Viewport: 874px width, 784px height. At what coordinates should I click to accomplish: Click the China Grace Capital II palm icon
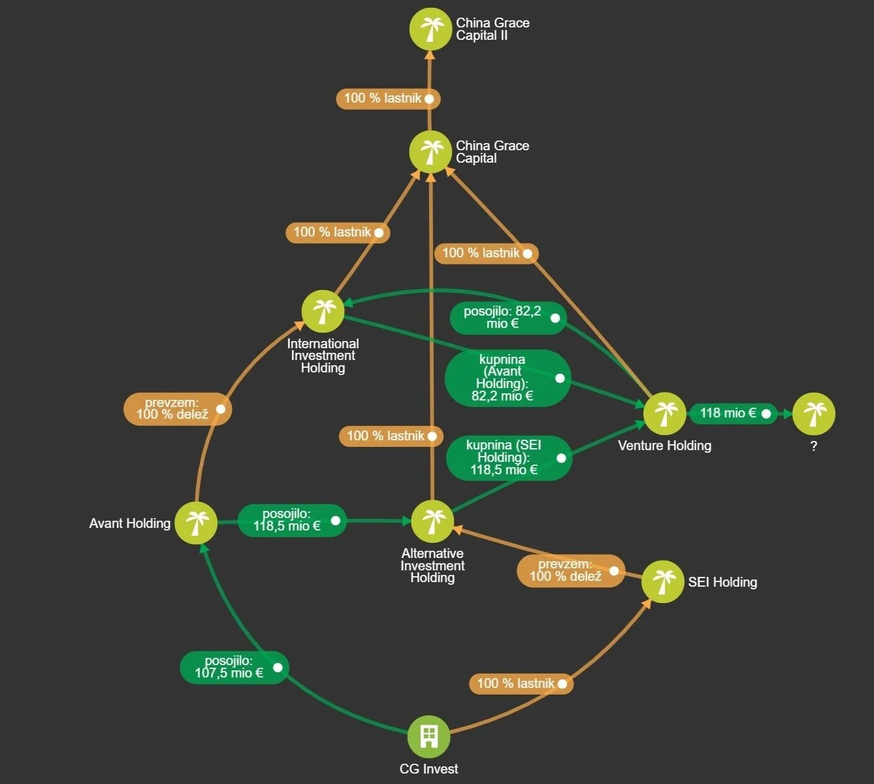click(430, 29)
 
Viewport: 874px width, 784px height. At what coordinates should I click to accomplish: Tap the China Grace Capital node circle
click(430, 152)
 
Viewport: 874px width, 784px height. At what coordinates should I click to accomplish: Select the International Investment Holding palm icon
click(323, 311)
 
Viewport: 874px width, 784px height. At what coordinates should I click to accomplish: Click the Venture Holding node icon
click(665, 414)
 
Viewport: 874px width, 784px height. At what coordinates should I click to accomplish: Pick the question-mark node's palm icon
click(813, 414)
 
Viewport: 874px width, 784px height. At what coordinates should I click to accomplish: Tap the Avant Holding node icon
click(196, 523)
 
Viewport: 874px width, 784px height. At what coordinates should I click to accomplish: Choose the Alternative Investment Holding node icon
click(432, 521)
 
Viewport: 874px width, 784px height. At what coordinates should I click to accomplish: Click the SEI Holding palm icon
click(663, 581)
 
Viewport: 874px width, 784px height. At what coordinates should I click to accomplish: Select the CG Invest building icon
click(429, 736)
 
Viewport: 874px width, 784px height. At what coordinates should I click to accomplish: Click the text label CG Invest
click(429, 769)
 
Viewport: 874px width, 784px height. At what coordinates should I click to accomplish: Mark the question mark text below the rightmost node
click(813, 446)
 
